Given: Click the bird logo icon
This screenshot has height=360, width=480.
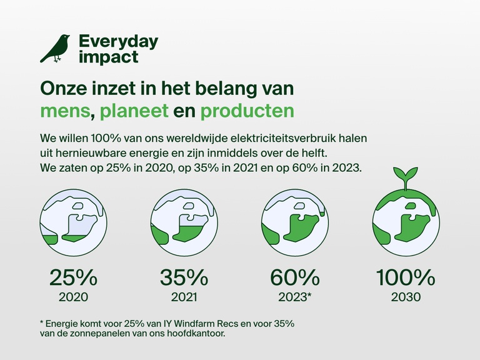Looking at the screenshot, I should click(x=55, y=48).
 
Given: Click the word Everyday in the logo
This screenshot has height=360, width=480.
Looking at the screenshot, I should click(x=118, y=42).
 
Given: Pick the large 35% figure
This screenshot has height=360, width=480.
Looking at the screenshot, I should click(x=184, y=277).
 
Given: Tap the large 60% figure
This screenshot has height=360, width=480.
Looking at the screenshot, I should click(x=294, y=277).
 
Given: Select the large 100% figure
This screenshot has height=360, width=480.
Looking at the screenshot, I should click(x=404, y=277).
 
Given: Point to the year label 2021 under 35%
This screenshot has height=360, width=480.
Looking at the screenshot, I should click(x=184, y=297).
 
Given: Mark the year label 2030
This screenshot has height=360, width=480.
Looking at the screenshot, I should click(x=404, y=297).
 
